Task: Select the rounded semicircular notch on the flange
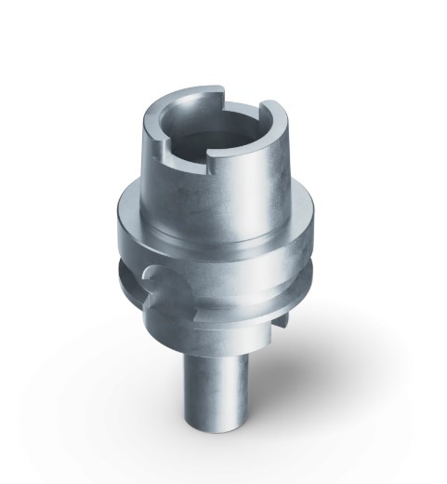click(154, 280)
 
